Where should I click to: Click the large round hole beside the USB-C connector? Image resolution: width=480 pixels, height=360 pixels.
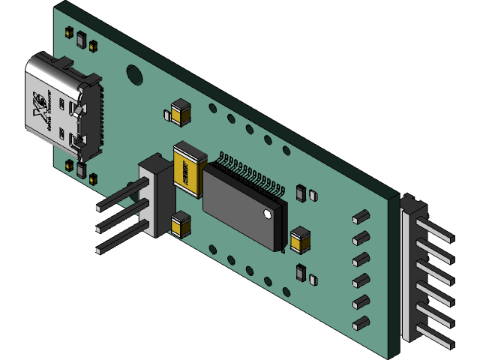[134, 74]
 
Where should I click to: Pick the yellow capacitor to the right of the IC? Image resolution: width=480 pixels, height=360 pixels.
[300, 239]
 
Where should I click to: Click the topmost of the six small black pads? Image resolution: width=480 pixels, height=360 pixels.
[361, 217]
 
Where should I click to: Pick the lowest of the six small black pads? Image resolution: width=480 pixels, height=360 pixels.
[361, 323]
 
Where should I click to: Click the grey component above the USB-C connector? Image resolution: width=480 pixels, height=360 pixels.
[81, 39]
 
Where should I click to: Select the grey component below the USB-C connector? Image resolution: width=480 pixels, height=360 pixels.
[81, 172]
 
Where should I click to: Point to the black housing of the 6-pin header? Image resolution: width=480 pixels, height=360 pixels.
[409, 270]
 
